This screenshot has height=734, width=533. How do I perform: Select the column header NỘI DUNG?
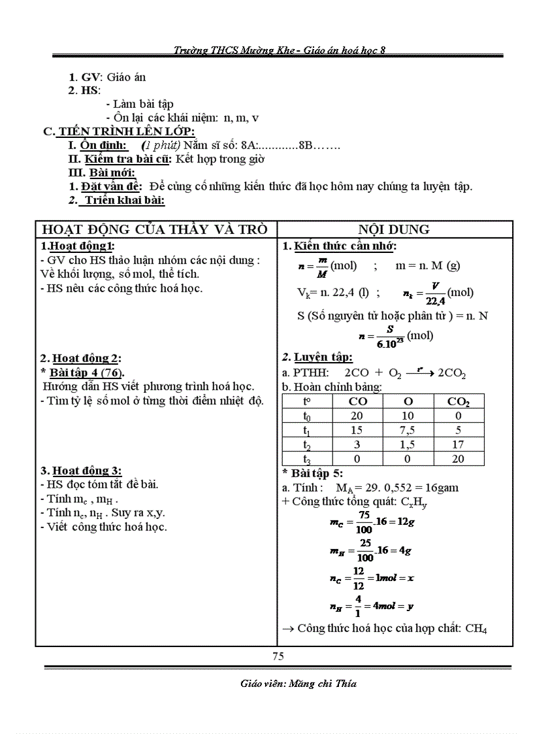pyautogui.click(x=394, y=229)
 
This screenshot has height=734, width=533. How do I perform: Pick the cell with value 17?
pyautogui.click(x=458, y=444)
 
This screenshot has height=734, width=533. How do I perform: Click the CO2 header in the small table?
pyautogui.click(x=458, y=401)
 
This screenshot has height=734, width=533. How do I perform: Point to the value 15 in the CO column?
pyautogui.click(x=357, y=430)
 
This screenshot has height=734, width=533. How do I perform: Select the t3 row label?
pyautogui.click(x=307, y=459)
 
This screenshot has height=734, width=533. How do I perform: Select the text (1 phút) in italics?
pyautogui.click(x=161, y=145)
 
